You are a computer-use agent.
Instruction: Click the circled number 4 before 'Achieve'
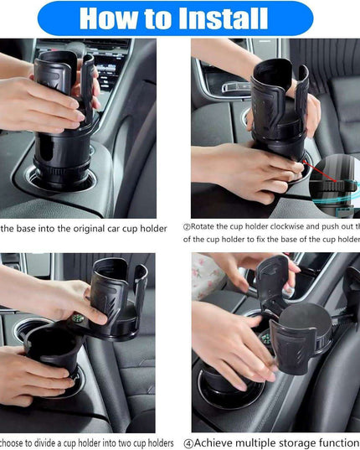[188, 442]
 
